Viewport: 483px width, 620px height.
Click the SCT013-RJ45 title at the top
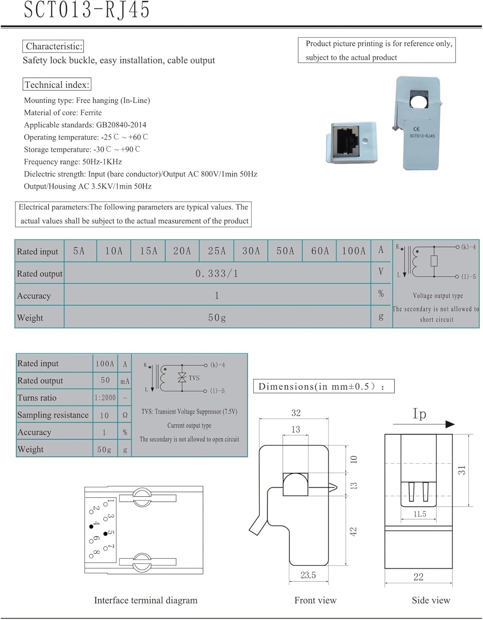[87, 10]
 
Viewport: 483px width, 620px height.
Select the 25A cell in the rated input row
[217, 251]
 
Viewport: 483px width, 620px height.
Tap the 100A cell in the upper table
[354, 251]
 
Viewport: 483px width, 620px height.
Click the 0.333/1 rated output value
[217, 273]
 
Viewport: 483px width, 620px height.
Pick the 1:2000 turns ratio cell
[105, 398]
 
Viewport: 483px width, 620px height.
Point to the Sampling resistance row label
[53, 415]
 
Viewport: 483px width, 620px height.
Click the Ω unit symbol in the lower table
[125, 415]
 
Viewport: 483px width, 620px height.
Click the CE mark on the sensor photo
[416, 129]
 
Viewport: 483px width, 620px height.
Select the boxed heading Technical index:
[57, 85]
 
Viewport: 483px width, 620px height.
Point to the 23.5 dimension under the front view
[308, 575]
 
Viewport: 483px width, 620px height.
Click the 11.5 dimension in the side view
[420, 514]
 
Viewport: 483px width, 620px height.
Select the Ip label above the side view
[419, 413]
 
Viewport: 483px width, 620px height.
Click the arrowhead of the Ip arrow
[450, 424]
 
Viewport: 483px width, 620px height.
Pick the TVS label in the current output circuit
[194, 378]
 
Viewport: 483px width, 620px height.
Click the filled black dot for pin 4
[91, 527]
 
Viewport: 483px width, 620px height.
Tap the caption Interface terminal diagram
[146, 600]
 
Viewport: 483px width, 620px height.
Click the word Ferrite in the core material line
[91, 112]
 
